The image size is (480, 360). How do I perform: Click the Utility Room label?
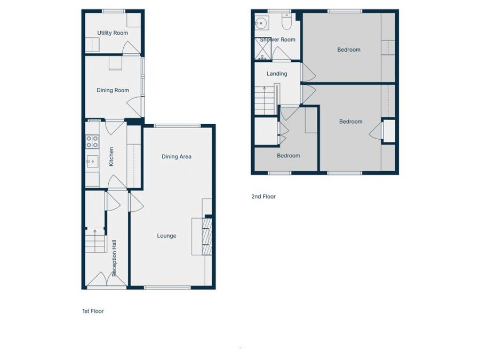click(113, 33)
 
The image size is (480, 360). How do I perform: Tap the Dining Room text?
click(113, 90)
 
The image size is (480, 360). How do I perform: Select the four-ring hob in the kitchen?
click(92, 141)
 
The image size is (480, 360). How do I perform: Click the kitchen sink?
click(91, 161)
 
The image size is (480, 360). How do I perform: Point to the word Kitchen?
click(111, 156)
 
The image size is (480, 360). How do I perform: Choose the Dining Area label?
click(177, 156)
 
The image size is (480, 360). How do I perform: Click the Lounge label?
click(166, 236)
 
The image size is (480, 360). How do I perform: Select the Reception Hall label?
click(114, 258)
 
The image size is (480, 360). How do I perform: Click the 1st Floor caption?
click(93, 311)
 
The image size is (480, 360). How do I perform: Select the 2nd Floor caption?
click(263, 196)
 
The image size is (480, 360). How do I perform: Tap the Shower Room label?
click(277, 39)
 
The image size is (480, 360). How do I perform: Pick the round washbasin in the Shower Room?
click(261, 23)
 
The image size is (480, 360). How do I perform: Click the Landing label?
click(277, 74)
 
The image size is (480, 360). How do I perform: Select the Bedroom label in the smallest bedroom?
click(288, 156)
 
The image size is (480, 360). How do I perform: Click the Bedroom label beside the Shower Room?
click(349, 50)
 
